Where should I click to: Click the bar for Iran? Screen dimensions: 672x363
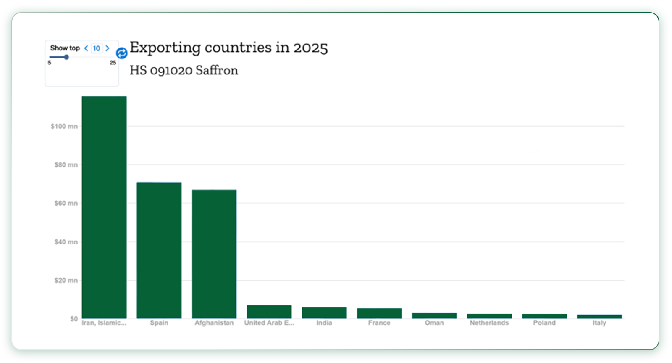click(104, 207)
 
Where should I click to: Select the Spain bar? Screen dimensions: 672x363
click(159, 250)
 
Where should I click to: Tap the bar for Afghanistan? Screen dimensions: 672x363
click(214, 254)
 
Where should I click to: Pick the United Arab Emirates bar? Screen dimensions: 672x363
click(269, 312)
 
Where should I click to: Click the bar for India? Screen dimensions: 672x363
click(324, 313)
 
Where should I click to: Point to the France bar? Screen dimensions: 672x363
click(379, 313)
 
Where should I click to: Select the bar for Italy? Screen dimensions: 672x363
click(599, 316)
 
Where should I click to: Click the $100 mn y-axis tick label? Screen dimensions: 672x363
click(64, 126)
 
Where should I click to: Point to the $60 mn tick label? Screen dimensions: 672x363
click(66, 203)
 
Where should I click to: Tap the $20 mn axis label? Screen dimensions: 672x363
click(66, 281)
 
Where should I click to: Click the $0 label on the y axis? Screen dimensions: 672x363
click(74, 318)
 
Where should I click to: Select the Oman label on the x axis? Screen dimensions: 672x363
click(434, 323)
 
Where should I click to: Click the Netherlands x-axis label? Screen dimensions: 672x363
click(489, 323)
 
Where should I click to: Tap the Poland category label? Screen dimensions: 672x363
click(544, 323)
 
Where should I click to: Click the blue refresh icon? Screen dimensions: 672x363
click(122, 53)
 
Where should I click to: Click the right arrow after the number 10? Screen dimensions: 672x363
click(108, 48)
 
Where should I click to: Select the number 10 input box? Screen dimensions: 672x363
click(97, 48)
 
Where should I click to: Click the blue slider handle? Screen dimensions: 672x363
click(66, 57)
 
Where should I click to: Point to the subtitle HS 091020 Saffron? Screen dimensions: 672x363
click(184, 70)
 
